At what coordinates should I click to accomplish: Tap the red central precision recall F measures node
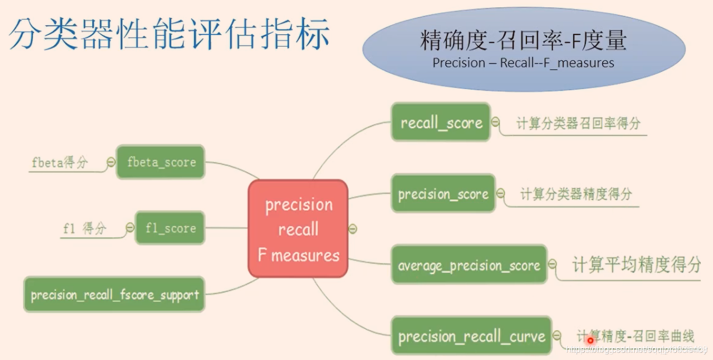point(298,229)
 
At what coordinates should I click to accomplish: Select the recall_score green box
point(441,122)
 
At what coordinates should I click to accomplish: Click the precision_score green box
point(443,194)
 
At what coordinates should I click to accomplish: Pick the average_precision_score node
point(469,265)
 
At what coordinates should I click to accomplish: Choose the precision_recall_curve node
point(471,336)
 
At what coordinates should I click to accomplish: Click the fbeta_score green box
point(161,162)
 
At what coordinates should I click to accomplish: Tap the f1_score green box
point(170,228)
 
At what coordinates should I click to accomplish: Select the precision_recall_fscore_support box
point(114,294)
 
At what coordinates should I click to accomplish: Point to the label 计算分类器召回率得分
point(579,123)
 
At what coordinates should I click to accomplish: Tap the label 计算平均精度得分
point(637,264)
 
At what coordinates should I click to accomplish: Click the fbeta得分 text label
point(60,163)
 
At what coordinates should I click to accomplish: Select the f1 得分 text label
point(85,228)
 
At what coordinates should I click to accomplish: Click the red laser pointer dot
point(590,340)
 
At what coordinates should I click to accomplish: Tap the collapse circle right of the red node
point(353,229)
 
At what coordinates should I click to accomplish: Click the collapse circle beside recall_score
point(495,122)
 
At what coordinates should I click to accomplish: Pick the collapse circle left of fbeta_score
point(111,162)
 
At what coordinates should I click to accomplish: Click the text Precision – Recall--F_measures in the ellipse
point(523,62)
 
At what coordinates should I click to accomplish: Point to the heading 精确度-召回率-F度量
point(523,41)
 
